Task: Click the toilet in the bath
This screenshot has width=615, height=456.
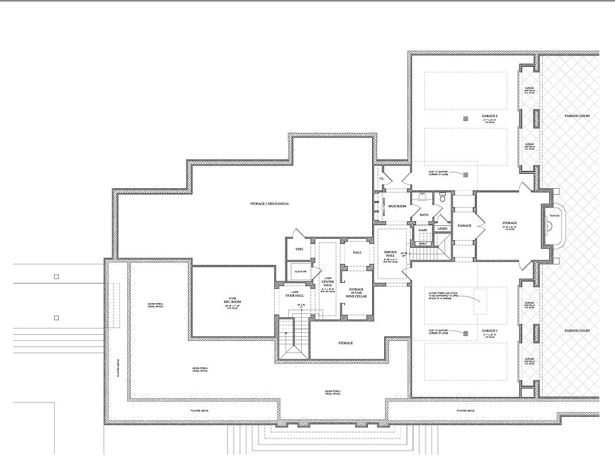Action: pos(442,198)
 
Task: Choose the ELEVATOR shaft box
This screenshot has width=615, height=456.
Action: pos(299,272)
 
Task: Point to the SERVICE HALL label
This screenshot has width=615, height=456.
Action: pos(390,252)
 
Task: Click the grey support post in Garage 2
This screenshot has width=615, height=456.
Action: pos(465,119)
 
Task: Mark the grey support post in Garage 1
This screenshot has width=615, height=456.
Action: pos(465,333)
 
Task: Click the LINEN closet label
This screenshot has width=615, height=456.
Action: pos(442,229)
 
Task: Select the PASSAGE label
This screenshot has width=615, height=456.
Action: pos(464,225)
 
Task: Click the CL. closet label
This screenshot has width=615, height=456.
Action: pos(382,178)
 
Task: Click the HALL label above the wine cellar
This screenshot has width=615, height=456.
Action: pos(357,252)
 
